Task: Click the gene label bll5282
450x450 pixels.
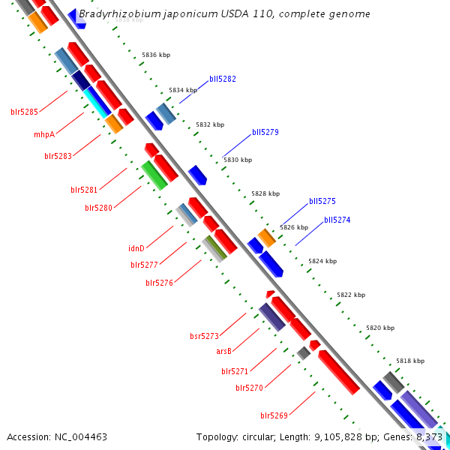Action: click(x=223, y=79)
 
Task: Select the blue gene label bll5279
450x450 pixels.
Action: click(x=265, y=132)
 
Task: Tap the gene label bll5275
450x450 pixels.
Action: click(x=322, y=201)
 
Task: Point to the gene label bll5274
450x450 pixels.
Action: click(x=337, y=220)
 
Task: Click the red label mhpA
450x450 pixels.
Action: click(x=44, y=135)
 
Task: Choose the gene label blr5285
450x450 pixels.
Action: click(x=24, y=112)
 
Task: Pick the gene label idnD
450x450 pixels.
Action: click(x=136, y=247)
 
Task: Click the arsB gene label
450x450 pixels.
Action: click(x=223, y=351)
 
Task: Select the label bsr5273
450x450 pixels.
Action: click(x=204, y=337)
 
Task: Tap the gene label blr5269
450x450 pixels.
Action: click(x=274, y=415)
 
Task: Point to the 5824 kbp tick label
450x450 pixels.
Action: click(x=322, y=261)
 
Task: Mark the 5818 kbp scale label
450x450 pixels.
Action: click(x=410, y=361)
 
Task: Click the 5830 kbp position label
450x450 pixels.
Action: click(x=238, y=160)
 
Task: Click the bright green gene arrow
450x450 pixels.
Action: click(x=154, y=175)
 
